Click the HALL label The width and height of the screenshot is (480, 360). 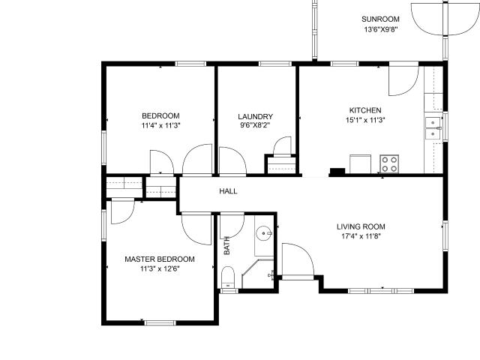[228, 191]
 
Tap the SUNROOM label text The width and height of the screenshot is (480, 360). [380, 19]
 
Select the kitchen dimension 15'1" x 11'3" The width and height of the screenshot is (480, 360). [365, 120]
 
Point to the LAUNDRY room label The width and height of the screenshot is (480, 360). [255, 117]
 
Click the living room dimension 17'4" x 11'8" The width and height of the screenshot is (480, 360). [361, 236]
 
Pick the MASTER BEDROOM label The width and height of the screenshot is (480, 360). [160, 259]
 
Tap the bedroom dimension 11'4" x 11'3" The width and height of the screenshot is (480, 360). [160, 125]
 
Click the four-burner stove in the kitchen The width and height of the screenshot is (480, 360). [389, 164]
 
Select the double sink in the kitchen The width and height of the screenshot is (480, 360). [433, 127]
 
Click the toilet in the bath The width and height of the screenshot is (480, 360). [228, 277]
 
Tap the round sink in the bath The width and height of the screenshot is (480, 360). [264, 233]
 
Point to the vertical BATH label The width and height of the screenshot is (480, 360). [226, 245]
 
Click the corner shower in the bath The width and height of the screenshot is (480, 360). [258, 274]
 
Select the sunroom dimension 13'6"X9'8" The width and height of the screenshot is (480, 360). [381, 30]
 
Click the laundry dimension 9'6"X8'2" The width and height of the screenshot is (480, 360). [255, 125]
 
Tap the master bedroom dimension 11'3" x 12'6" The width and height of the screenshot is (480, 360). [160, 269]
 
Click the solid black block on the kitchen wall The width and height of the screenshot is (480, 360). [337, 172]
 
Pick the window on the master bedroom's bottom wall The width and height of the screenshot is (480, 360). [160, 323]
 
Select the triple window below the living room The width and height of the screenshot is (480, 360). [381, 291]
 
